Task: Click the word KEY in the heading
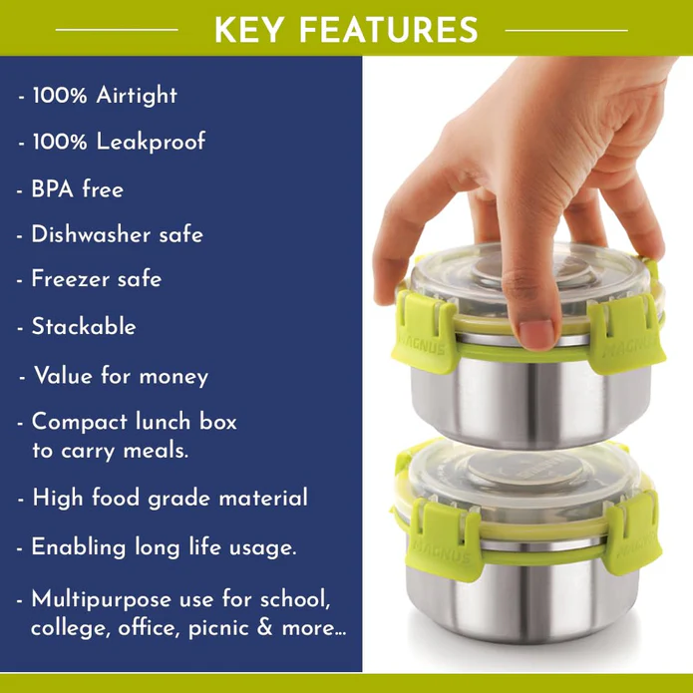tap(249, 30)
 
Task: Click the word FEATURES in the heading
tap(389, 30)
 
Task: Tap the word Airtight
tap(137, 96)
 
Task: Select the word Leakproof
tap(151, 142)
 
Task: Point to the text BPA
tap(52, 189)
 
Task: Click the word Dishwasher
tap(91, 234)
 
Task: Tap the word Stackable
tap(84, 327)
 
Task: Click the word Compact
tap(80, 422)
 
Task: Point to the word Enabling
tap(78, 548)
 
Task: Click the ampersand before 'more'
tap(264, 627)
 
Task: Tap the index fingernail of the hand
tap(536, 331)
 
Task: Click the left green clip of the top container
tap(423, 332)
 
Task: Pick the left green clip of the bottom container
tap(445, 540)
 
